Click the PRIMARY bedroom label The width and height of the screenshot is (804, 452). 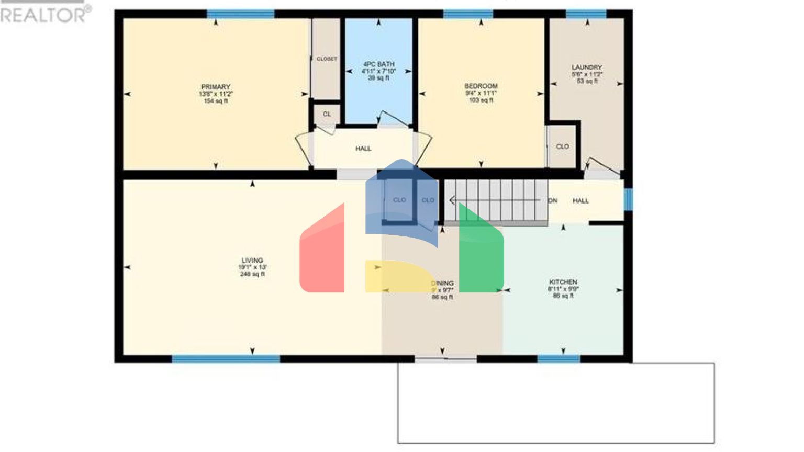point(216,87)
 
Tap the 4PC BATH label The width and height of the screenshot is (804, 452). point(378,64)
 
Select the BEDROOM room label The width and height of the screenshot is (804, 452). point(481,86)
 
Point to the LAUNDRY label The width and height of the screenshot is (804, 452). point(587,67)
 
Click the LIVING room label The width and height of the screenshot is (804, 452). point(252,261)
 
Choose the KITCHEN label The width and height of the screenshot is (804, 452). point(563,282)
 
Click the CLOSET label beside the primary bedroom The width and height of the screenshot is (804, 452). point(327,59)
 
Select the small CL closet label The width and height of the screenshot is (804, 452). point(327,114)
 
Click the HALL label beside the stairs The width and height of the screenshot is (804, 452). point(580,201)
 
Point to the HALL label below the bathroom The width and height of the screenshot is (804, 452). point(363,149)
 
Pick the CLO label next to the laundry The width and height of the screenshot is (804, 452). point(563,147)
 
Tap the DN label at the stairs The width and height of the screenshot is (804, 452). point(552,201)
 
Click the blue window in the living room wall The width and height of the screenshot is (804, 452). point(226,358)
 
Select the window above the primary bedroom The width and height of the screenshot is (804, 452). point(240,14)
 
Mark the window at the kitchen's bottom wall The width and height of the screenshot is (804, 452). point(559,358)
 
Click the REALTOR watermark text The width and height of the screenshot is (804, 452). point(45,15)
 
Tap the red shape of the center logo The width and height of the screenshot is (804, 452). point(322,256)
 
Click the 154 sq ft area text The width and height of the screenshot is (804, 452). point(216,101)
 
